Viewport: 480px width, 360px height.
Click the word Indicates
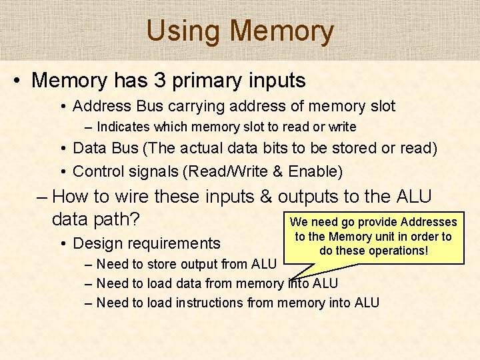(123, 127)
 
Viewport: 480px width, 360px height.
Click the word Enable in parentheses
(313, 171)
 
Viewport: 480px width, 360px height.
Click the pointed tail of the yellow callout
(291, 275)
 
